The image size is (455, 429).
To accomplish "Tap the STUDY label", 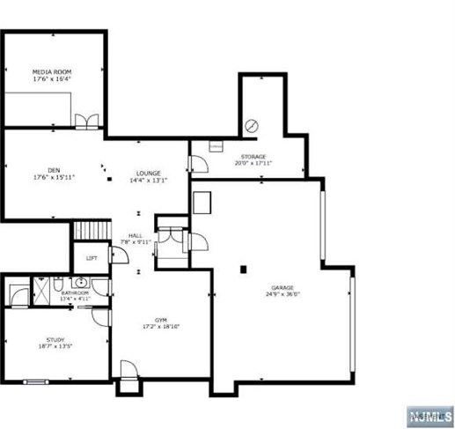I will click(x=55, y=340).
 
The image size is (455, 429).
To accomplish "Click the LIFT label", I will click(x=92, y=259).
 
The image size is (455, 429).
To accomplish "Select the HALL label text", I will click(x=136, y=235).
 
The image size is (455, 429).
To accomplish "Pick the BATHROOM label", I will click(x=75, y=292).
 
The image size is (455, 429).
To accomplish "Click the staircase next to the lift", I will click(x=90, y=230).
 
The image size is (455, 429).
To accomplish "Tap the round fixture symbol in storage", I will click(x=252, y=125).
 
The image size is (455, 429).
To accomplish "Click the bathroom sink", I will click(x=80, y=283).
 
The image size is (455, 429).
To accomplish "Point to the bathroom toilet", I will click(x=56, y=284).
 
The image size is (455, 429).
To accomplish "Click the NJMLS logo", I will click(x=429, y=415).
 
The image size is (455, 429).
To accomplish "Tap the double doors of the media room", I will click(x=86, y=122).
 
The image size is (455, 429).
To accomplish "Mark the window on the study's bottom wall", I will click(x=36, y=381).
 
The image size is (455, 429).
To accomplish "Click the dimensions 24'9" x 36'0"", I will click(x=282, y=295).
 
